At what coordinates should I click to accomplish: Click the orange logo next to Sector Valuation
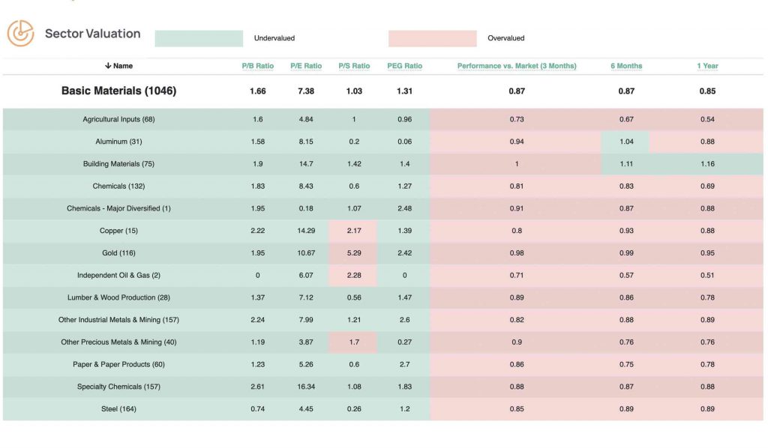[x=20, y=33]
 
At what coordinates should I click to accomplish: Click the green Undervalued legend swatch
[x=199, y=38]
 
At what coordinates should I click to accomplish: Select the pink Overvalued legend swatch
[x=432, y=38]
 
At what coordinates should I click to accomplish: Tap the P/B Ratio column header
[x=257, y=66]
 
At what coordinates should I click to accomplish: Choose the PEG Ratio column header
[x=404, y=66]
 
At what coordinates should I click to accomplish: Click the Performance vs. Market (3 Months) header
[x=517, y=66]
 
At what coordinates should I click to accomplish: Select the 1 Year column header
[x=707, y=66]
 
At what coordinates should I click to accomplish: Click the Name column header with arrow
[x=118, y=66]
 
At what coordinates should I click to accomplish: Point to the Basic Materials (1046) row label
[x=118, y=91]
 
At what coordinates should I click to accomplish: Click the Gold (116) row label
[x=118, y=253]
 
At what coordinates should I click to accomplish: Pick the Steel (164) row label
[x=118, y=409]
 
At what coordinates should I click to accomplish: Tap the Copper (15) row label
[x=118, y=231]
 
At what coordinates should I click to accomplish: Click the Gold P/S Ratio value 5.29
[x=354, y=253]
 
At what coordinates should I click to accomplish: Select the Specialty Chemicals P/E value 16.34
[x=306, y=387]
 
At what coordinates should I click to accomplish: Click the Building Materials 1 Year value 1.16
[x=707, y=164]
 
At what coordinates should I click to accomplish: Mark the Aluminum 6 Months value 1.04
[x=626, y=142]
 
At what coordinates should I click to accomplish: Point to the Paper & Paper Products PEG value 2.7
[x=404, y=365]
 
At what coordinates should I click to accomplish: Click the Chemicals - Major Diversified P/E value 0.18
[x=306, y=208]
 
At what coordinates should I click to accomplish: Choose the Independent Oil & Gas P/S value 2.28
[x=354, y=276]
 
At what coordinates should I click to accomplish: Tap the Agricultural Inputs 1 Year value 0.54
[x=707, y=120]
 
